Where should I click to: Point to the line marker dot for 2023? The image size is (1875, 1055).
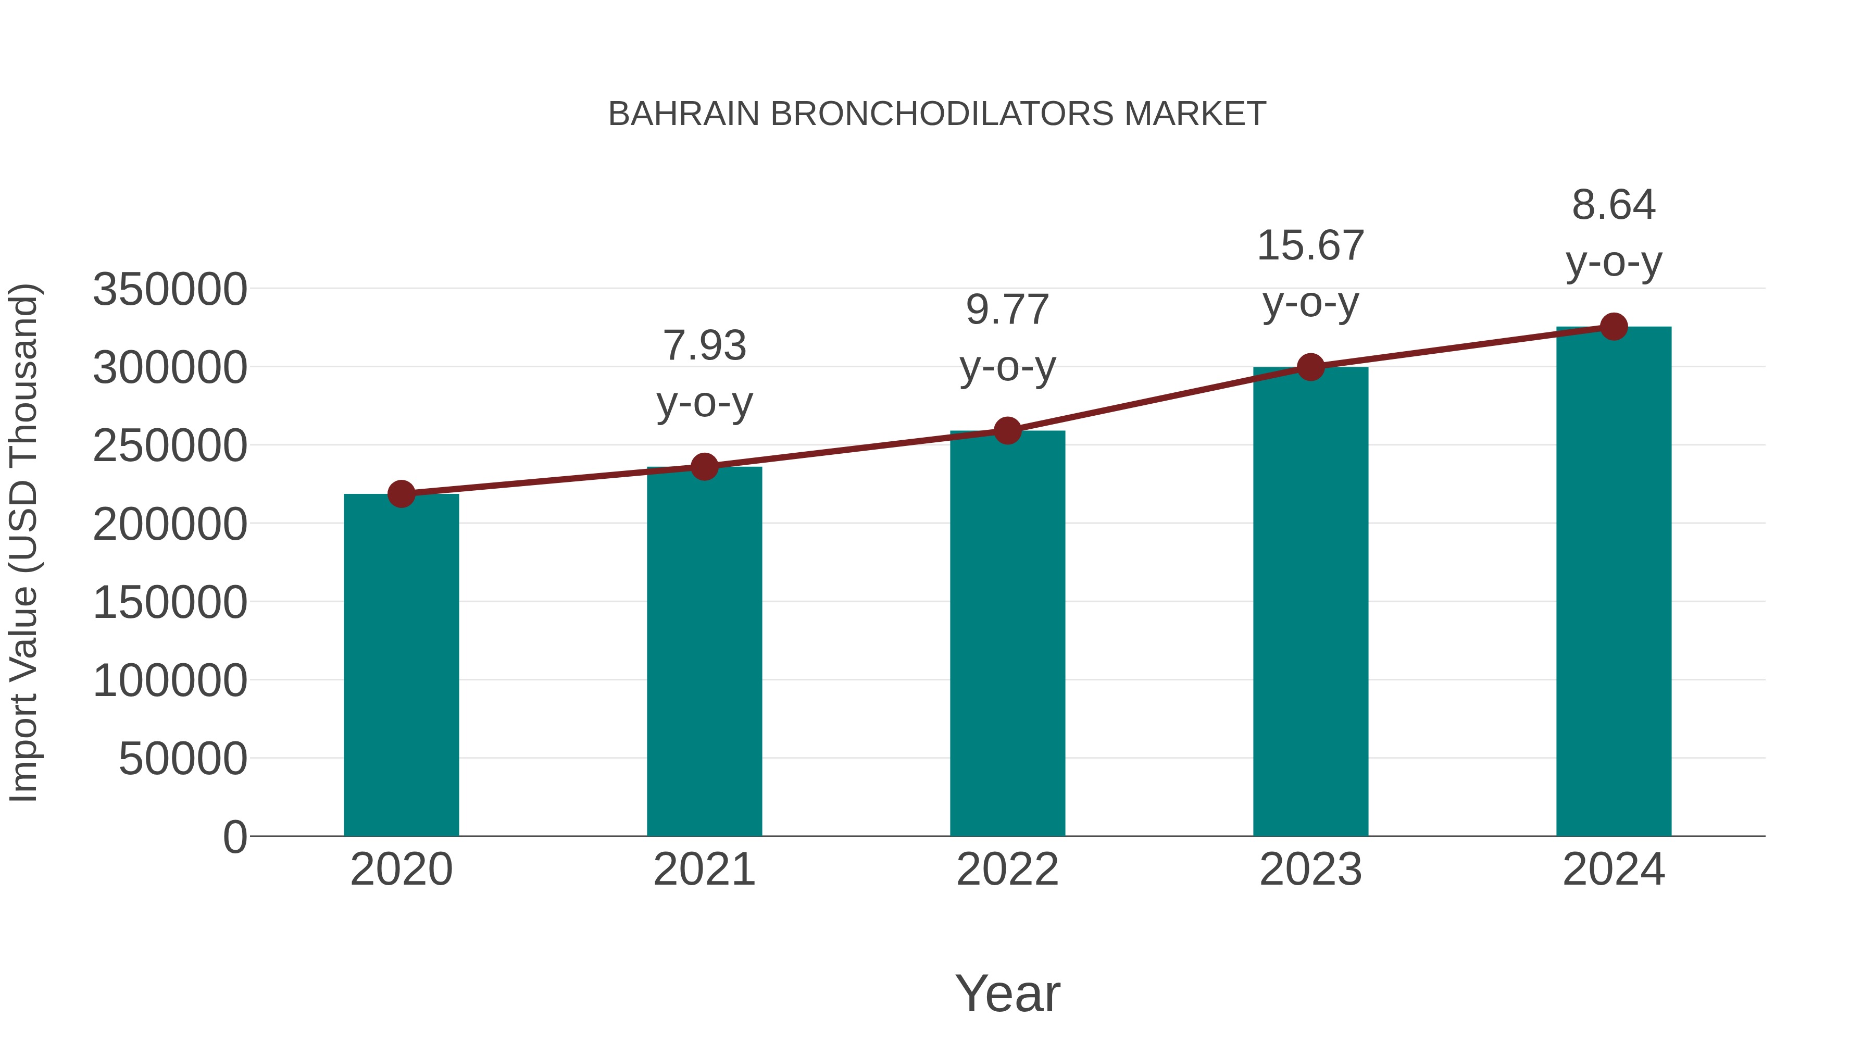tap(1310, 367)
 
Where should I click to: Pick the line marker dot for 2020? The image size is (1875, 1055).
tap(401, 494)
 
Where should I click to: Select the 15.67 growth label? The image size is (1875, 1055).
tap(1310, 245)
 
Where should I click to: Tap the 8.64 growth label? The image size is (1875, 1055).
tap(1614, 205)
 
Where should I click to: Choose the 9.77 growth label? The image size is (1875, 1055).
tap(1007, 309)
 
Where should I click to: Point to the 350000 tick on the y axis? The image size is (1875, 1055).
tap(170, 289)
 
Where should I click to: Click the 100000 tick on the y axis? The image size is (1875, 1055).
tap(170, 681)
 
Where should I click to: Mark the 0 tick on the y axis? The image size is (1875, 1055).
tap(234, 837)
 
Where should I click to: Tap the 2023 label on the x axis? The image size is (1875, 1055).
tap(1310, 870)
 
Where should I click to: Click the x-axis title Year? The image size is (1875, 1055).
tap(1007, 993)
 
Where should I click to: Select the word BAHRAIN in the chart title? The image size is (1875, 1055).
tap(683, 114)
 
